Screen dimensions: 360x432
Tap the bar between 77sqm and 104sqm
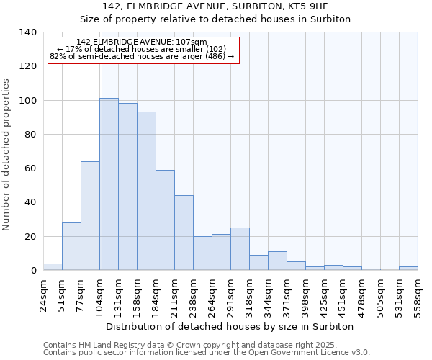(90, 216)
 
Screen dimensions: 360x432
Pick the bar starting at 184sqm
(165, 220)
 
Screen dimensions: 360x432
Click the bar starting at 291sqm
(240, 249)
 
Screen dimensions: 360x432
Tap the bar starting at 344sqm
(277, 261)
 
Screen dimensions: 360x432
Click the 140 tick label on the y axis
(27, 32)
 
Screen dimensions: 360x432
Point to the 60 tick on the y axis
(30, 168)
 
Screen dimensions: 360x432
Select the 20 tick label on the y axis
(30, 237)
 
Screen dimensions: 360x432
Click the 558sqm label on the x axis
(418, 296)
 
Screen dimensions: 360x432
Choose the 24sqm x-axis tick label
(43, 296)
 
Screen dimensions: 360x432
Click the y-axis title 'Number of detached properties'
(7, 155)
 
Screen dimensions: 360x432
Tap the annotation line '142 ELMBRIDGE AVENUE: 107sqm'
(142, 42)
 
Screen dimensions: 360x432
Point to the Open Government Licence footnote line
(207, 352)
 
